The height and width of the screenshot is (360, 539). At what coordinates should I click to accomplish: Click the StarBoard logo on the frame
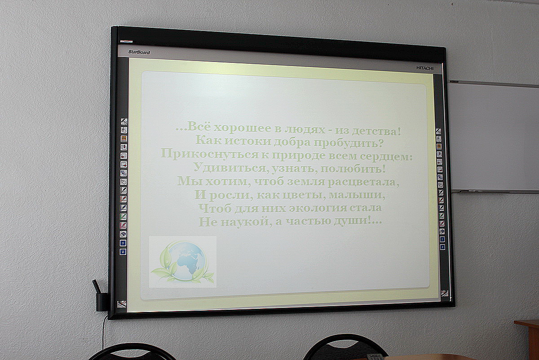(x=139, y=52)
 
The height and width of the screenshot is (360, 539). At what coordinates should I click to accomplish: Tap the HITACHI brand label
(x=425, y=68)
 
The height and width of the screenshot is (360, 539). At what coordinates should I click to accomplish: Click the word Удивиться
(x=230, y=167)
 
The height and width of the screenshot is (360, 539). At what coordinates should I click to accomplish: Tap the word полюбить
(x=353, y=169)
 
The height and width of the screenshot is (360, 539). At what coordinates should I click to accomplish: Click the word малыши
(x=357, y=194)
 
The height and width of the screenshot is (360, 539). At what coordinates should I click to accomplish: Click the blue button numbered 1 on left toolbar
(x=123, y=243)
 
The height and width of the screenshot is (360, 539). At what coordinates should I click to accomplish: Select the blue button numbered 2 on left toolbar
(x=123, y=252)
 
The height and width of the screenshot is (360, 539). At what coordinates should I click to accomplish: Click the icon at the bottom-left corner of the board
(x=122, y=304)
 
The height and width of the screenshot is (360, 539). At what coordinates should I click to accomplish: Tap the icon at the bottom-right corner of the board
(x=444, y=293)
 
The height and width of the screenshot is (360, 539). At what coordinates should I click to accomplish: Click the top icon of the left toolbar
(x=124, y=121)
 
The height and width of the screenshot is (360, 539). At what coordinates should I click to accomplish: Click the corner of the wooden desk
(x=515, y=322)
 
